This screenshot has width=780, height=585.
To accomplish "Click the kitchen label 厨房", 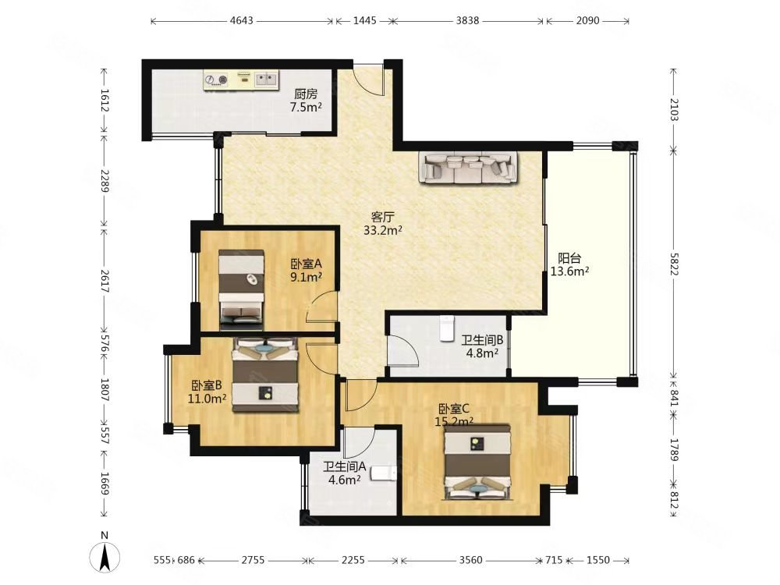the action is coord(306,94).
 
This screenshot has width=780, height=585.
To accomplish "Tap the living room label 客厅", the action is coord(383,218).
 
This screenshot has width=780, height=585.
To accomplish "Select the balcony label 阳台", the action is coord(569,259).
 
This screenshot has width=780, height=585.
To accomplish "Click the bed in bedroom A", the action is coord(241,290).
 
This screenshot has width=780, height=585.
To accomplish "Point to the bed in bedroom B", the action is coord(266,374).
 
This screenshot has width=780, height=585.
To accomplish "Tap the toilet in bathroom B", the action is coord(447,328).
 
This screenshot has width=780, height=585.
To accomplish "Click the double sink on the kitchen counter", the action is coord(267,79).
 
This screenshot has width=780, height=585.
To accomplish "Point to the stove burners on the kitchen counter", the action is coord(216,80).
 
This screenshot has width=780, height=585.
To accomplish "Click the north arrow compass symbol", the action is coord(105,555).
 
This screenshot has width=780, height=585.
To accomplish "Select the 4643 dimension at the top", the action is coord(241,21).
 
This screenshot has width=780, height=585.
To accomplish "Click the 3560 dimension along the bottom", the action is coord(470,561).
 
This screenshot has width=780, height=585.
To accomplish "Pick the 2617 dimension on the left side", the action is coord(105,281).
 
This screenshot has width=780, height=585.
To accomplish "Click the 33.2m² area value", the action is coord(382,230).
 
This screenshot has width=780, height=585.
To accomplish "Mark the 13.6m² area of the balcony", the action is coord(569,271).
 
